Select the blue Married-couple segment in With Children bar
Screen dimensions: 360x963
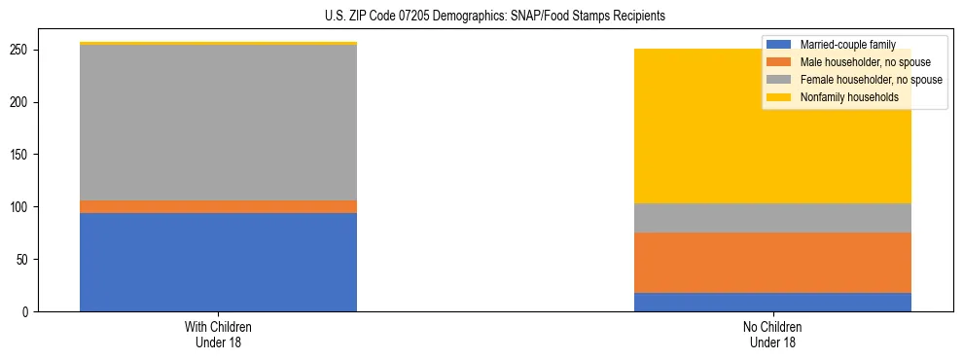218,262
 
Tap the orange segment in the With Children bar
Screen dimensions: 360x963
218,206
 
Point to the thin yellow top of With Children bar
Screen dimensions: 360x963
218,44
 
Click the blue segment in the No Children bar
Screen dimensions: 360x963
772,302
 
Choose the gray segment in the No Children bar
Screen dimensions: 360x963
772,218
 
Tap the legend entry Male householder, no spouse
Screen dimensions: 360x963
856,62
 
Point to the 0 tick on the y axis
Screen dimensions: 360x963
30,312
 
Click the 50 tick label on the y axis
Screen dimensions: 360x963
27,260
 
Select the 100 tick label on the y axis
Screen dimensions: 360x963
24,207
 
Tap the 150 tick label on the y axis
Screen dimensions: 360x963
24,155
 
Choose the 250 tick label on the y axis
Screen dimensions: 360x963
24,50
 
